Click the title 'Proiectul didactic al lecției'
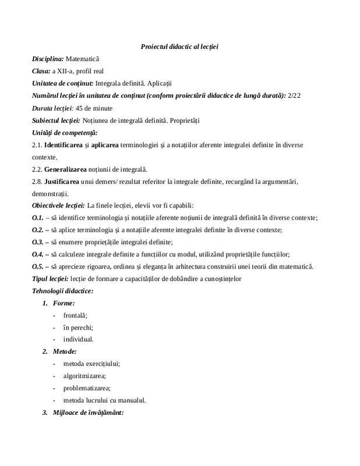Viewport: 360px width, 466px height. pyautogui.click(x=179, y=47)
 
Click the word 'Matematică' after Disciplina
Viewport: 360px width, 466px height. pyautogui.click(x=83, y=59)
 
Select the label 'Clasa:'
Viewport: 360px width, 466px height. pyautogui.click(x=41, y=71)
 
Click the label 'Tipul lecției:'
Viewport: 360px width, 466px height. pyautogui.click(x=51, y=278)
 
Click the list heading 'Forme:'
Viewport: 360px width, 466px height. pyautogui.click(x=63, y=303)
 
